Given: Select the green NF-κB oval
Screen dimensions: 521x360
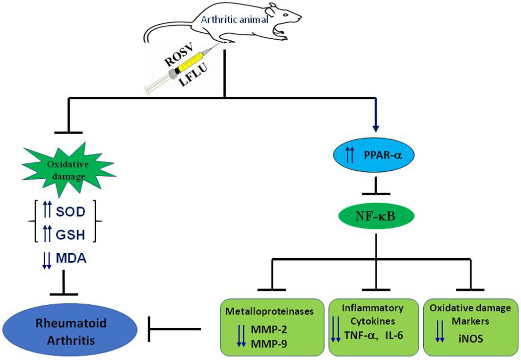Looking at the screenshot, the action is tap(376, 216).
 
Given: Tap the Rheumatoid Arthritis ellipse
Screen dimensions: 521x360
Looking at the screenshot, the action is tap(71, 332).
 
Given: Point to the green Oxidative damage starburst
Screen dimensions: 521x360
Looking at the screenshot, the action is tap(68, 169).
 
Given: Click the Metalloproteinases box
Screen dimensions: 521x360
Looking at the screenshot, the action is tap(272, 327).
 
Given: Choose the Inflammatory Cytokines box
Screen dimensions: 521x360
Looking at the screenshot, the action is tap(373, 327).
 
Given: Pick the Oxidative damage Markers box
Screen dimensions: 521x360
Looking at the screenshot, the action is tap(470, 327).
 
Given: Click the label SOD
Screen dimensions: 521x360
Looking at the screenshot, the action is tap(70, 212).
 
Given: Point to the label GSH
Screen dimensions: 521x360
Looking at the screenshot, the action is tap(70, 235).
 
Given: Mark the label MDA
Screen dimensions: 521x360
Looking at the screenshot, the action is tap(71, 258).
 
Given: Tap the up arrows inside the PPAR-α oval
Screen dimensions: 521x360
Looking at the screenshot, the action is tap(350, 155).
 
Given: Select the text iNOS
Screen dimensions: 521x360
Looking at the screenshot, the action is tap(470, 339).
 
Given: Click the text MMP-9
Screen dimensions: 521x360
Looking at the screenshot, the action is tap(269, 345).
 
